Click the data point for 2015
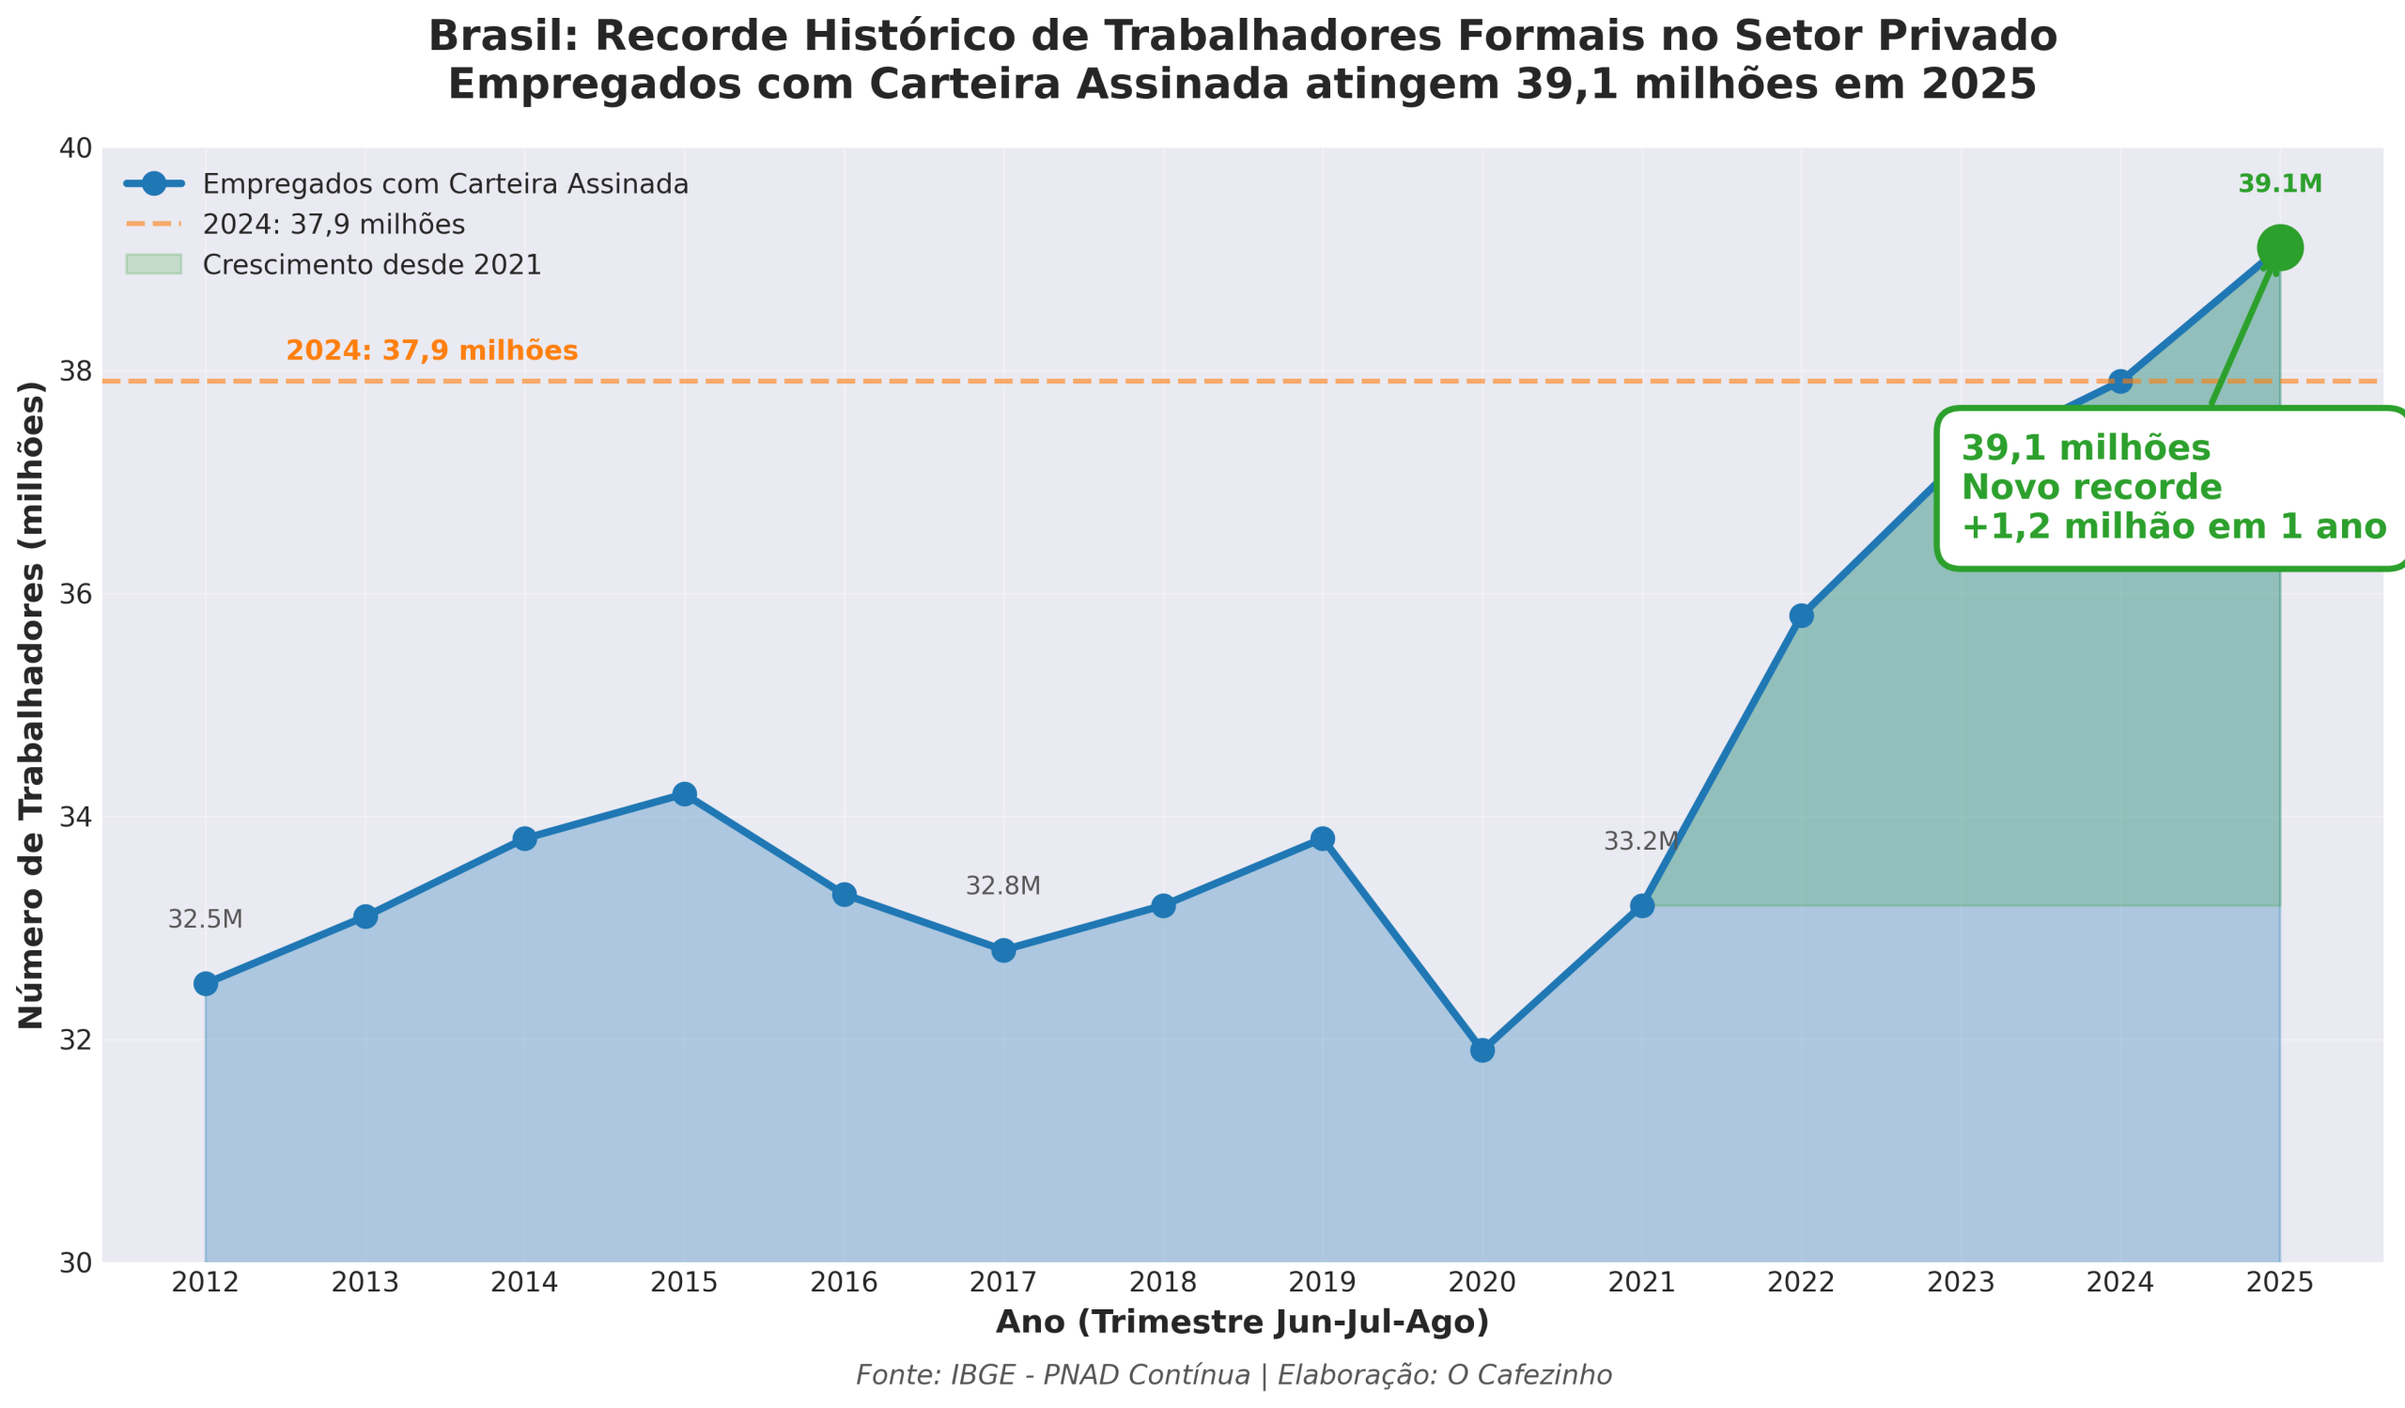click(x=684, y=794)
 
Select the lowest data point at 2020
click(x=1482, y=1050)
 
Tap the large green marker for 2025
click(x=2280, y=248)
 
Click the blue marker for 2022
click(x=1801, y=616)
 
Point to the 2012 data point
click(x=205, y=983)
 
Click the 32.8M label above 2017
click(x=1002, y=885)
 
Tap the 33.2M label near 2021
click(x=1639, y=841)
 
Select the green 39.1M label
click(x=2280, y=184)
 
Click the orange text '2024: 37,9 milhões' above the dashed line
click(x=431, y=351)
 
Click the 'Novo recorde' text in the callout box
click(x=2091, y=488)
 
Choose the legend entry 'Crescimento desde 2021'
click(x=371, y=264)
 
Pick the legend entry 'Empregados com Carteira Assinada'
click(x=444, y=184)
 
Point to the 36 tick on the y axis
click(x=75, y=594)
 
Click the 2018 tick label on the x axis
click(x=1162, y=1282)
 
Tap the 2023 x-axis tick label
click(x=1961, y=1282)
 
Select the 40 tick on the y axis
click(x=75, y=149)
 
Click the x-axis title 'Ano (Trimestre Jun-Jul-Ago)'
click(x=1242, y=1322)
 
